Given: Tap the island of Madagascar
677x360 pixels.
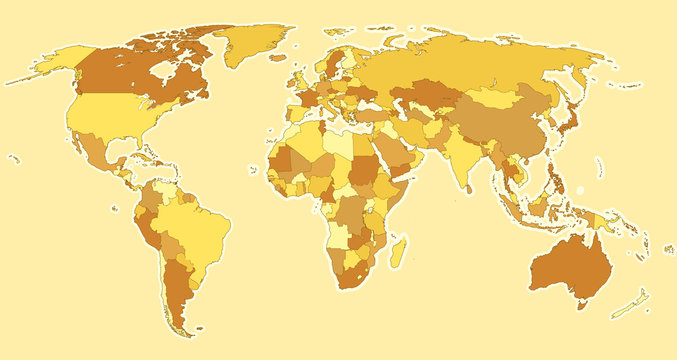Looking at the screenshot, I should click(x=397, y=246).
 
